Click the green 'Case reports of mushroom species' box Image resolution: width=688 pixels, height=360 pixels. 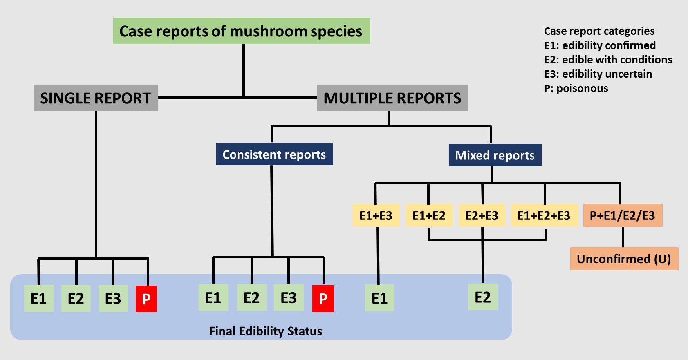(x=242, y=31)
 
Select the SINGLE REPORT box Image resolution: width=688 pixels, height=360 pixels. (x=96, y=98)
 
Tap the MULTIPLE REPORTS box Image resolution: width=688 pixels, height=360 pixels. (x=392, y=98)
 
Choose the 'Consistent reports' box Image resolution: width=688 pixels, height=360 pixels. (x=275, y=154)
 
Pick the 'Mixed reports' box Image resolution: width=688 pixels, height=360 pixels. (x=495, y=155)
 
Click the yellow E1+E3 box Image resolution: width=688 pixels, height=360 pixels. (x=376, y=215)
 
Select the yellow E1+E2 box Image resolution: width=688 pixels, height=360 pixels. (x=429, y=215)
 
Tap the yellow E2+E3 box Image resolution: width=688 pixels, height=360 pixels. (x=482, y=215)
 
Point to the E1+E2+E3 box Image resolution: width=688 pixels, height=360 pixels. (x=544, y=215)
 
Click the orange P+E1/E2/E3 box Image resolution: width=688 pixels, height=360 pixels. (x=623, y=215)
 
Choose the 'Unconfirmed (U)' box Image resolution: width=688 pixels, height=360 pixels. (x=624, y=259)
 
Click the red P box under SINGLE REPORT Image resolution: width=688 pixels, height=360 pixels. (x=146, y=299)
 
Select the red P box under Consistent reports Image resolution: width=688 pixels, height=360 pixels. (x=323, y=299)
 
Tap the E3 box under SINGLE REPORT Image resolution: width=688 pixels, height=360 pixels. (x=113, y=299)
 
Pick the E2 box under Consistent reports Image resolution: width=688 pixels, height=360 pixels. (x=251, y=298)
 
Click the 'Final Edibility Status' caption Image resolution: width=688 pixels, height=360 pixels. (x=266, y=331)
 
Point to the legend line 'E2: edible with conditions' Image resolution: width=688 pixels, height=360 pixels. (x=608, y=60)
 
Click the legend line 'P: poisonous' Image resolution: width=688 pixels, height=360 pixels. (x=576, y=88)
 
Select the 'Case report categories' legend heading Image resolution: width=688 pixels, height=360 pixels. (x=599, y=31)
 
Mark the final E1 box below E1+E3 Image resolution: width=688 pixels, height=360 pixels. (x=380, y=298)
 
